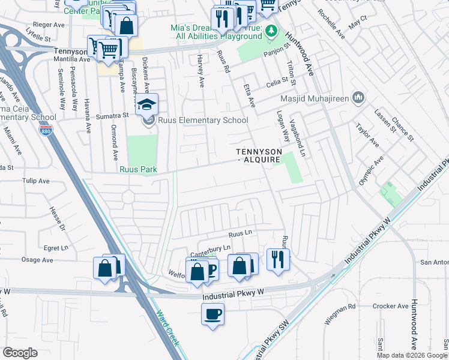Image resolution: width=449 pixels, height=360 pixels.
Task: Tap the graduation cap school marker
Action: tap(146, 106)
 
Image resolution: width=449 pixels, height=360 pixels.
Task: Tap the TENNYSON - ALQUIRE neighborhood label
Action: tap(259, 156)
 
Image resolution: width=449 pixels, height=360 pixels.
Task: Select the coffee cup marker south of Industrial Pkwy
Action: tap(213, 314)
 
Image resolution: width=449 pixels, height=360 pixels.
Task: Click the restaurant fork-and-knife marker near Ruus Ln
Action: tap(277, 259)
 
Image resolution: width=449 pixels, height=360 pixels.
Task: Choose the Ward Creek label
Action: tap(167, 328)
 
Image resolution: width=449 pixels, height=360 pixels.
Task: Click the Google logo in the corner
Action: tap(20, 353)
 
